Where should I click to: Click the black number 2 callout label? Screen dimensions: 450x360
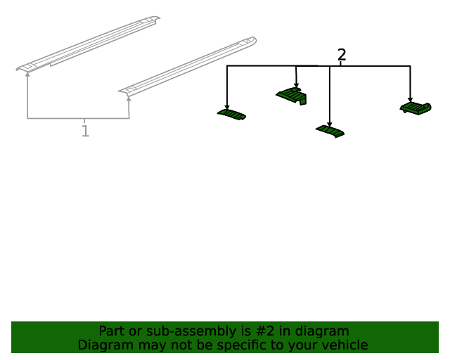coord(342,55)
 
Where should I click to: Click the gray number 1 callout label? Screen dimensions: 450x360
coord(85,131)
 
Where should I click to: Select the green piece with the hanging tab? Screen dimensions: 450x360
coord(292,96)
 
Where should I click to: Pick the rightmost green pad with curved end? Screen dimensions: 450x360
coord(416,108)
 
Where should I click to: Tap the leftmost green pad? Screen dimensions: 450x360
coord(231,115)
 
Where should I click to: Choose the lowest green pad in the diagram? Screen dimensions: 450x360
coord(330,131)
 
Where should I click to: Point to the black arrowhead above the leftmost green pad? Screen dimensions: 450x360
coord(227,107)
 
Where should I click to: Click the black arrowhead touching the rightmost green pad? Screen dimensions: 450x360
coord(410,100)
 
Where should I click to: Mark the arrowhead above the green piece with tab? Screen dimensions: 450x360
coord(296,85)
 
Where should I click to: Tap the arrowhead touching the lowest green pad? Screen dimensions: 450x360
coord(330,124)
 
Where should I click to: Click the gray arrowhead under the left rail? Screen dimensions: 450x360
coord(27,74)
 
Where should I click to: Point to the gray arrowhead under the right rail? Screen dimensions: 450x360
coord(129,98)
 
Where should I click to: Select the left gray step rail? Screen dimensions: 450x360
coord(88,44)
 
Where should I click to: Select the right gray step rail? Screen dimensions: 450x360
coord(188,65)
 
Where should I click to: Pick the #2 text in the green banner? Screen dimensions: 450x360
coord(264,331)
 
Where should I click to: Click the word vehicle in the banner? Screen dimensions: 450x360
coord(348,345)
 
